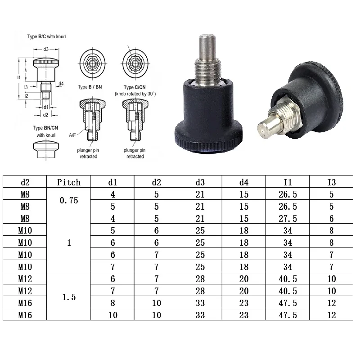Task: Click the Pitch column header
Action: tap(69, 182)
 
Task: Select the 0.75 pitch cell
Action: tap(69, 200)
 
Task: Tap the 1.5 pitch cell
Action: tap(69, 297)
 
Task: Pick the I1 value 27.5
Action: tap(288, 219)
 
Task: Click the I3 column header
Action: tap(332, 182)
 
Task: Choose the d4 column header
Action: tap(244, 182)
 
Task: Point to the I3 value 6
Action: tap(332, 219)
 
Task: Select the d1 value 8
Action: tap(112, 303)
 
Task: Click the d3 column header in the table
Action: tap(200, 182)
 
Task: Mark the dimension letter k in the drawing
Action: tap(26, 70)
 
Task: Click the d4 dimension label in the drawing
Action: tap(61, 83)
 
